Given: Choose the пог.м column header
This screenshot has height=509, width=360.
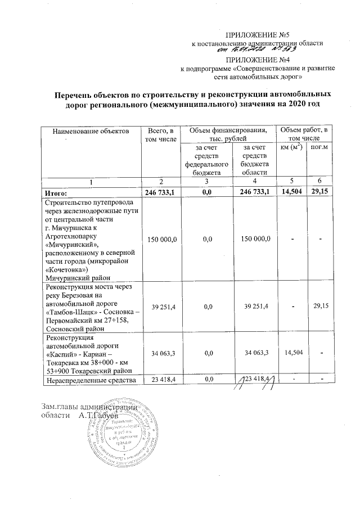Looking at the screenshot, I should (321, 148).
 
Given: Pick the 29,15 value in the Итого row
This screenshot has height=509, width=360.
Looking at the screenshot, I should (321, 192).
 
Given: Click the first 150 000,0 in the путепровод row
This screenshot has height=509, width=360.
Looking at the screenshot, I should (162, 240).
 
